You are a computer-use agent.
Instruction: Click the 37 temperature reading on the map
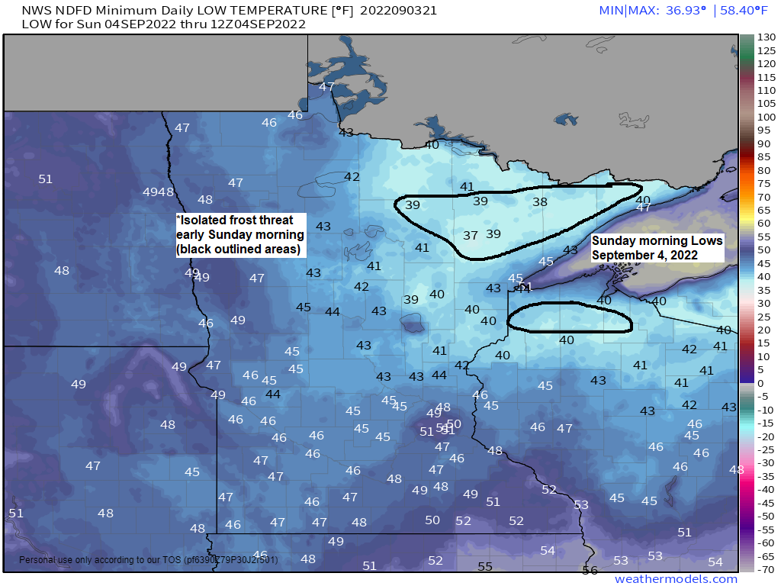[471, 236]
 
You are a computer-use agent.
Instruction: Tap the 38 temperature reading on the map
[540, 202]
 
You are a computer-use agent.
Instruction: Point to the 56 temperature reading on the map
[590, 570]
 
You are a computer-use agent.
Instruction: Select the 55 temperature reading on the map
[485, 566]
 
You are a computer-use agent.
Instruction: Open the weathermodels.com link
[676, 579]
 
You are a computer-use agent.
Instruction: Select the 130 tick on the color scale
[766, 37]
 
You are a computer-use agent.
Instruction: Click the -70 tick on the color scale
[766, 568]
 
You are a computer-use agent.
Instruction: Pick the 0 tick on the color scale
[760, 382]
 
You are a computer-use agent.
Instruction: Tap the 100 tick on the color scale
[766, 117]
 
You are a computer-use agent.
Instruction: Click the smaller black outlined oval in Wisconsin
[570, 317]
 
